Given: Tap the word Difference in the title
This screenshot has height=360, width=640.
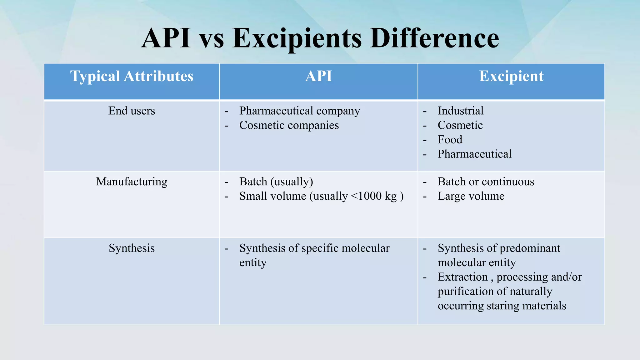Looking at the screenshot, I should (x=434, y=39).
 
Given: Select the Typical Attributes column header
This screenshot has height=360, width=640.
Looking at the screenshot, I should (x=132, y=76).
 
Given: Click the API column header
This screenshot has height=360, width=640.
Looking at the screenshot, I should (x=318, y=76).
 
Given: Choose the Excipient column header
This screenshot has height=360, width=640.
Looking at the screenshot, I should (x=511, y=76).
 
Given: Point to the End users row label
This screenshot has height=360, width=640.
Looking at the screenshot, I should (x=132, y=111).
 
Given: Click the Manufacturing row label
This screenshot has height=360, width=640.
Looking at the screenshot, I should (x=132, y=182).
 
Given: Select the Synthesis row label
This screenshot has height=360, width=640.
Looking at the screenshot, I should (x=132, y=248).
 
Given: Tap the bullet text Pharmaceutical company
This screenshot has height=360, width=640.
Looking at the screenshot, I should (x=299, y=111).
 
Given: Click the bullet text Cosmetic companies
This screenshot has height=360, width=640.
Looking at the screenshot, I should (x=289, y=125).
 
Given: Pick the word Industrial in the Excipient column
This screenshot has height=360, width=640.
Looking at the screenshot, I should (x=460, y=111).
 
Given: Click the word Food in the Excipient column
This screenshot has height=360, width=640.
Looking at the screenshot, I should (x=450, y=140).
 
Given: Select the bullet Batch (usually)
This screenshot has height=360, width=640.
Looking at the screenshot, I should (x=276, y=182).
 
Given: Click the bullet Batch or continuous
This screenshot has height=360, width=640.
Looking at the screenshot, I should (x=486, y=182).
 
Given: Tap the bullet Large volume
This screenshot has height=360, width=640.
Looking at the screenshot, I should (x=471, y=196).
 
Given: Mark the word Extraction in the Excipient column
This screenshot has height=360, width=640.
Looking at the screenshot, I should (x=462, y=277).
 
